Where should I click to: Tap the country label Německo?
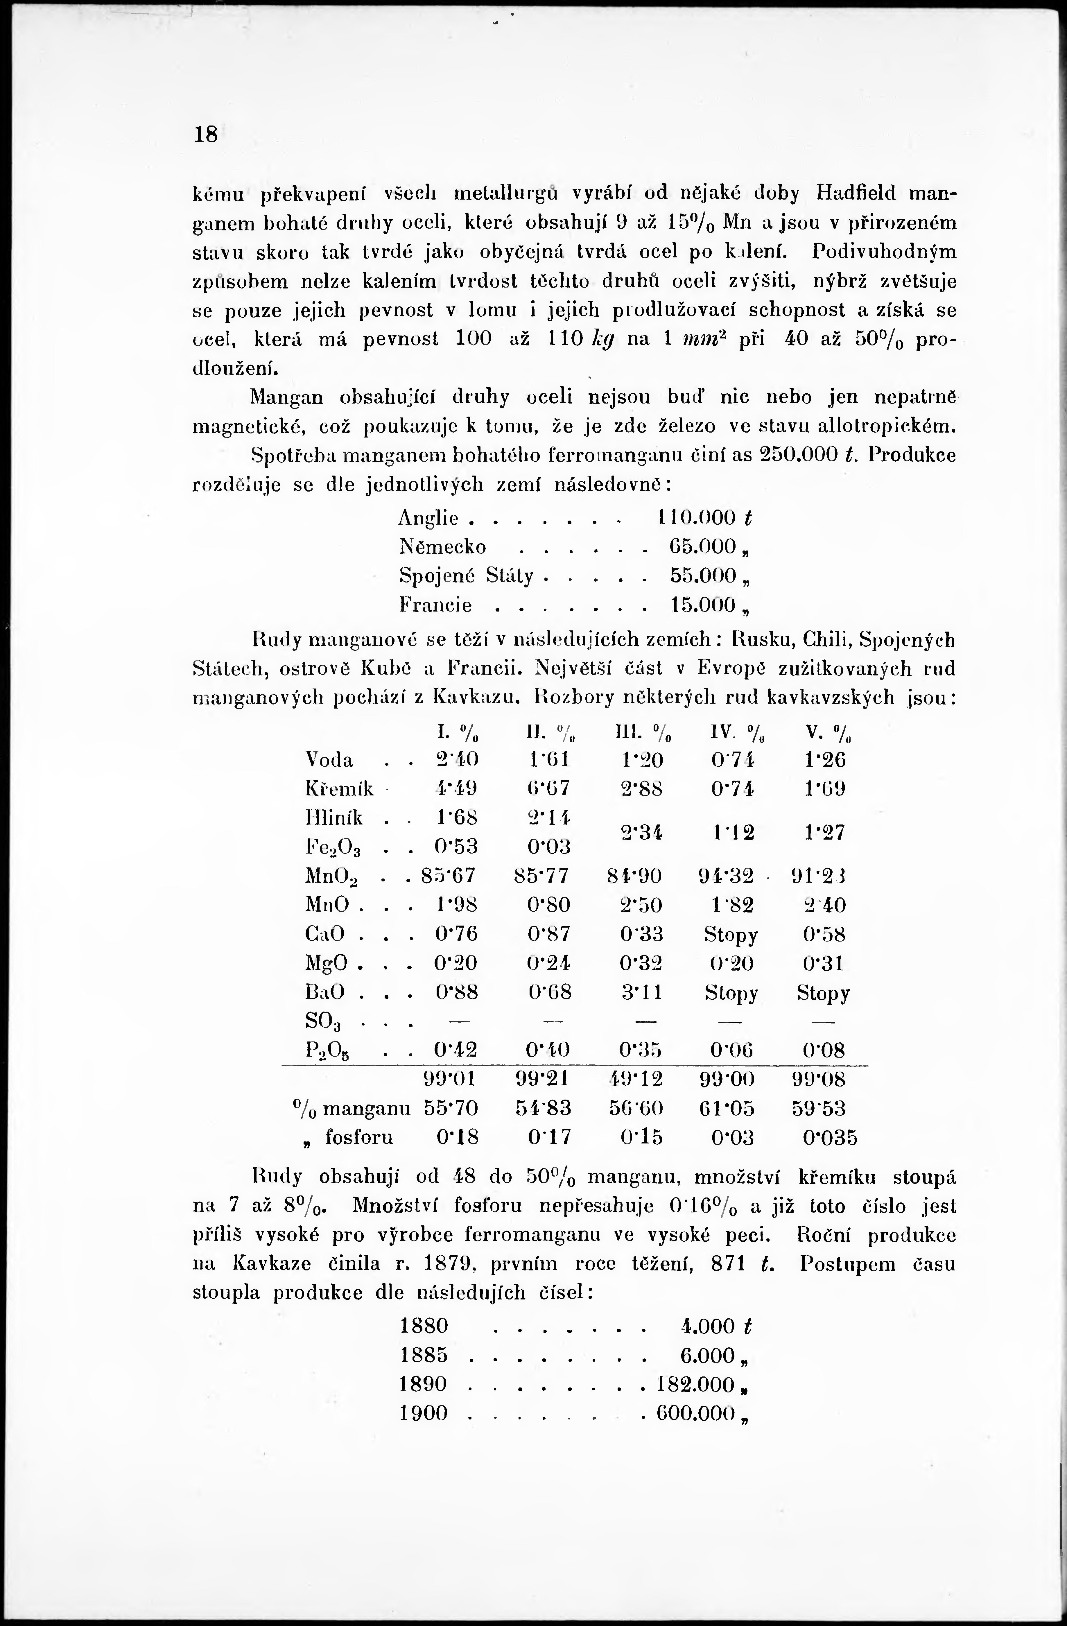443,547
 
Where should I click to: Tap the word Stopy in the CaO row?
731,934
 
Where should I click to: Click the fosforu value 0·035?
830,1138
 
